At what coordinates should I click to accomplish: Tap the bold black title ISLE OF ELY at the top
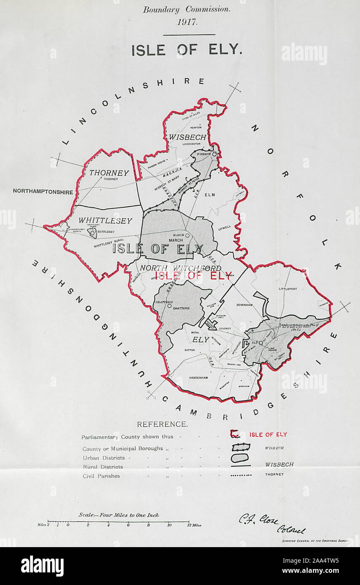click(187, 51)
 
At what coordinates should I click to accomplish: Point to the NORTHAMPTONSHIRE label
click(43, 191)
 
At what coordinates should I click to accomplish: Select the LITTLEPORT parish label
click(288, 289)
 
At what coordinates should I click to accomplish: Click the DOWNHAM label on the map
click(244, 305)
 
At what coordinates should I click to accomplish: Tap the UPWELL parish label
click(224, 227)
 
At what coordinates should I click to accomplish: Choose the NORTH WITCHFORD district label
click(181, 268)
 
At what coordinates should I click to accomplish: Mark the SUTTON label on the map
click(190, 350)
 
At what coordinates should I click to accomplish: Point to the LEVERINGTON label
click(191, 144)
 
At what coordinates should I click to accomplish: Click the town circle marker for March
click(187, 235)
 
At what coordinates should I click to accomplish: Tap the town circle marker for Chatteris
click(169, 306)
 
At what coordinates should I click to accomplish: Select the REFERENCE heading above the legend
click(162, 424)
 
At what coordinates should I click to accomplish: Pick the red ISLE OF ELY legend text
click(268, 434)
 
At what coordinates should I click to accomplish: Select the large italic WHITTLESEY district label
click(105, 221)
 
